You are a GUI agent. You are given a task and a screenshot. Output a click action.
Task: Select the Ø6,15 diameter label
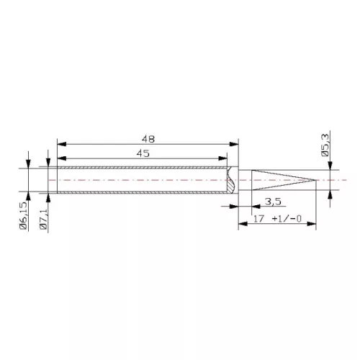click(x=25, y=215)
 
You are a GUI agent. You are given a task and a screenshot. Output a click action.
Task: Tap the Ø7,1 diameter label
click(x=45, y=215)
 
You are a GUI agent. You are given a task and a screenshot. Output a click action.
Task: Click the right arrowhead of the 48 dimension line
click(x=235, y=143)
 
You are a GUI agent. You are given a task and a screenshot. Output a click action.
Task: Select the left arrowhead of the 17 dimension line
click(x=241, y=225)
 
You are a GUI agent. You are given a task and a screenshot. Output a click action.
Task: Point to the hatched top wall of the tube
click(x=144, y=169)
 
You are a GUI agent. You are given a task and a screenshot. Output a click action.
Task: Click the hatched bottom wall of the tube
click(x=144, y=192)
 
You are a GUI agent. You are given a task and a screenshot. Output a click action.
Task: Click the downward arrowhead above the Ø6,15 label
click(x=28, y=164)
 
